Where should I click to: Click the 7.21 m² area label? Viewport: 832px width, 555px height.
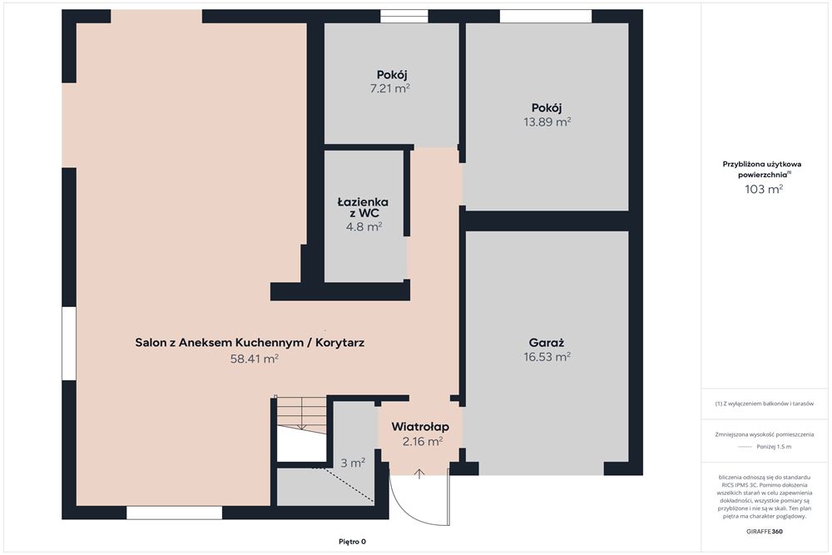(390, 88)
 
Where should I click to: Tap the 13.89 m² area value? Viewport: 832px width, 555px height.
(547, 122)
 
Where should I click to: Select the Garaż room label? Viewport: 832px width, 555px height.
(547, 343)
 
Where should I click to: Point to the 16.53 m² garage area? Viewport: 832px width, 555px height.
(547, 357)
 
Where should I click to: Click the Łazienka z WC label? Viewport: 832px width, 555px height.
(363, 207)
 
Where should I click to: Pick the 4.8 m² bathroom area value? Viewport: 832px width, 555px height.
(364, 227)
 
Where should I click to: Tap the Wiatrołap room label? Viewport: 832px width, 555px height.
(420, 427)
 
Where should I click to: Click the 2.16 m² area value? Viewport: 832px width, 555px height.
(423, 441)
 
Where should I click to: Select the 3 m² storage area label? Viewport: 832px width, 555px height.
(352, 463)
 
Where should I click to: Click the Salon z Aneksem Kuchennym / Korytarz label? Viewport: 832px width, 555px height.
(250, 343)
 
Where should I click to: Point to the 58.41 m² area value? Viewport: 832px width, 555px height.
(254, 359)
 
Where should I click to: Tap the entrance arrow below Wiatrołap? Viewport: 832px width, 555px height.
(419, 473)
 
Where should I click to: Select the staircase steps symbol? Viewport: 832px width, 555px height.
(301, 415)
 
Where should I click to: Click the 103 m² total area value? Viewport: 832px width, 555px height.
(764, 189)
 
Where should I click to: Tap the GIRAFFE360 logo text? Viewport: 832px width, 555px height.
(764, 531)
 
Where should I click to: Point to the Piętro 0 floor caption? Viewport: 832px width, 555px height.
(352, 542)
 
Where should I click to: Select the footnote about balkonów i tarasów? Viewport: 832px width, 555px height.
(764, 404)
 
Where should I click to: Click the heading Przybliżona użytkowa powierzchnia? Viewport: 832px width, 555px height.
(762, 169)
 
